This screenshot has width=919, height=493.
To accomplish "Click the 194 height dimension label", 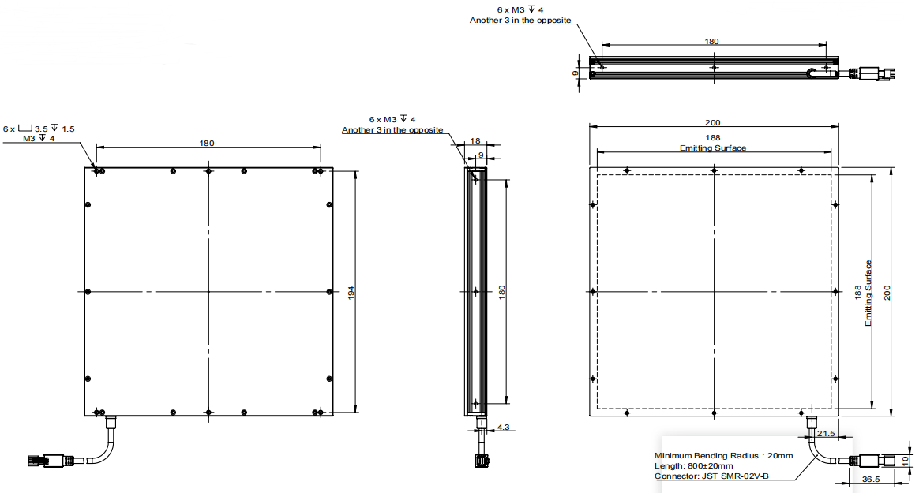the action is click(351, 293).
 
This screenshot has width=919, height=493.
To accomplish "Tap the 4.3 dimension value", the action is click(504, 428).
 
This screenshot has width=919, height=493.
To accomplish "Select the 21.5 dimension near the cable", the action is click(826, 433).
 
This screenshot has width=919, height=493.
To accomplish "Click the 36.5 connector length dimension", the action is click(870, 479).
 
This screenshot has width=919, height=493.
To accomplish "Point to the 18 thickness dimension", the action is click(475, 140).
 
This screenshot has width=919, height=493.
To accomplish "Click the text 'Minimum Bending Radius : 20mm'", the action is click(724, 455).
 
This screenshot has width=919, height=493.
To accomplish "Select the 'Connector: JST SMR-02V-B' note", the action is click(711, 476).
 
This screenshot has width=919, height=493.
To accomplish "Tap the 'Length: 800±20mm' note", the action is click(693, 465).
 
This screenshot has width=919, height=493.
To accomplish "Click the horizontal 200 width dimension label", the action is click(713, 122).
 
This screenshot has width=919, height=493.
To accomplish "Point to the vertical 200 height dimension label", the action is click(887, 293).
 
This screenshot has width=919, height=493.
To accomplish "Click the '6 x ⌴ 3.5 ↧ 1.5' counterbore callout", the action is click(39, 129).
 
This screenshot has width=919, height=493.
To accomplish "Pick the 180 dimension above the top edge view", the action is click(711, 41).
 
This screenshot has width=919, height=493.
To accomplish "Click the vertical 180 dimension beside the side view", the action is click(501, 293).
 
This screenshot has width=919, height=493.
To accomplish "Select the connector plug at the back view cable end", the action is click(46, 461).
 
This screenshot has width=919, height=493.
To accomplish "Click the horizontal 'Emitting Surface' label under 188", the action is click(713, 148).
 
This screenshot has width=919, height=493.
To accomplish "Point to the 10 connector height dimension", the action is click(906, 461).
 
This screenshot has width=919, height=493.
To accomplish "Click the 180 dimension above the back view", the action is click(207, 143).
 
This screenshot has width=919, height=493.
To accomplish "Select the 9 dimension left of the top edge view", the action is click(575, 73).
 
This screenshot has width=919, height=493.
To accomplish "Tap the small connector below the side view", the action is click(481, 461).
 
